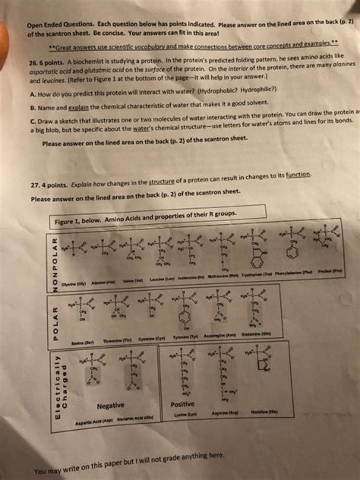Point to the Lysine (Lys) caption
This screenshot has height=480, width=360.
[x=185, y=415]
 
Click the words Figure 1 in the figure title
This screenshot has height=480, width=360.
[x=71, y=221]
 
